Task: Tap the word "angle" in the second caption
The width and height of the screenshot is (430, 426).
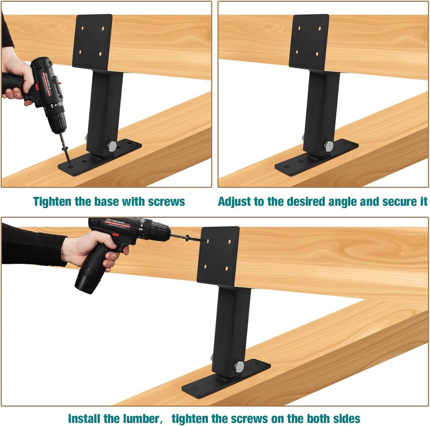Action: coord(341,201)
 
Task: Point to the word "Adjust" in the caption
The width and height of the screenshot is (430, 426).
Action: coord(235,201)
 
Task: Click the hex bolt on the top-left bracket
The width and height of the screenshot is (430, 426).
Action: coord(112,146)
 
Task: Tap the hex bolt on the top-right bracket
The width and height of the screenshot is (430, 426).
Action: coord(328,146)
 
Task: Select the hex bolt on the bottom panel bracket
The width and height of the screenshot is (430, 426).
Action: coord(239,366)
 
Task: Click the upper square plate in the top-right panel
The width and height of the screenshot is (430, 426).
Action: coord(309,42)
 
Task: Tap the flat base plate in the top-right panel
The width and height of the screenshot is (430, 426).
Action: coord(317,158)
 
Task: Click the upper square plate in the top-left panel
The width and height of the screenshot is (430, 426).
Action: coord(92,42)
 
